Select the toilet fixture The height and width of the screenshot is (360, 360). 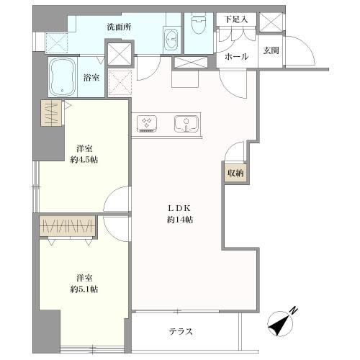click(199, 27)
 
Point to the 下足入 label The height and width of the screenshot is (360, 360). click(236, 19)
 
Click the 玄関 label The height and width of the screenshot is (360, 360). click(271, 50)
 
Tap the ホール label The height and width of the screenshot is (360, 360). click(236, 56)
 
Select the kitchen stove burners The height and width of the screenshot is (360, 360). click(148, 123)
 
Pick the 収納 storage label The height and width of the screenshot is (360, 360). click(235, 173)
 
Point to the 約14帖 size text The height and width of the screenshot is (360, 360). click(179, 220)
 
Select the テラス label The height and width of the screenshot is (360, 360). click(181, 332)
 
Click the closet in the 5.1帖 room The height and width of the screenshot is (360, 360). click(68, 227)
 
